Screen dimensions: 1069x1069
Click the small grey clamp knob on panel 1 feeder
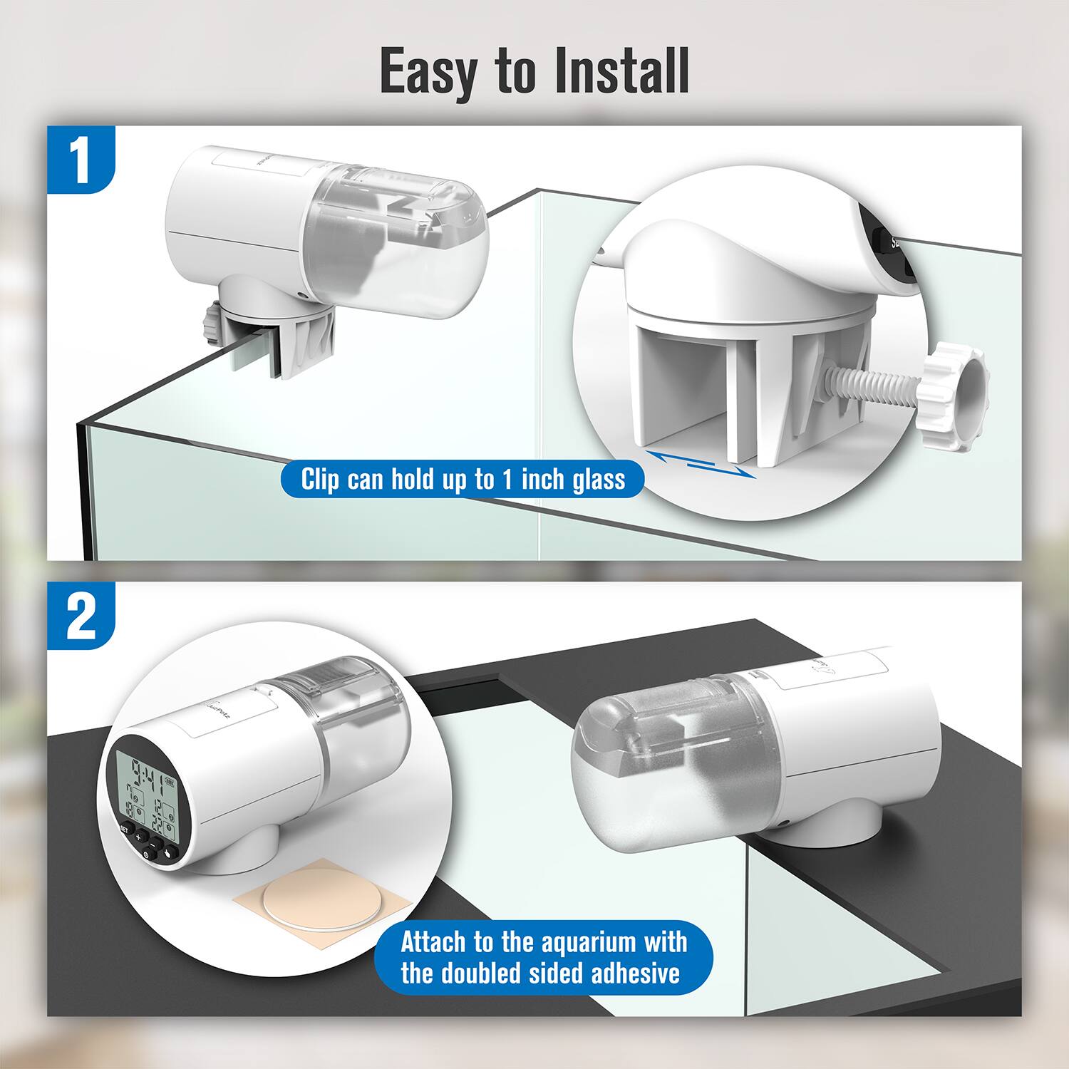pyautogui.click(x=209, y=323)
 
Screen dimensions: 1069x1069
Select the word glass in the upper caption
pyautogui.click(x=599, y=479)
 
